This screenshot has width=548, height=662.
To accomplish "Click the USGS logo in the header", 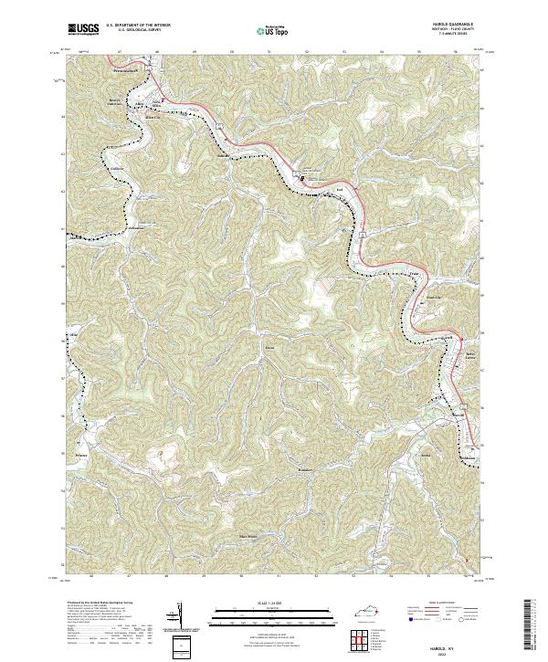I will tap(83, 30).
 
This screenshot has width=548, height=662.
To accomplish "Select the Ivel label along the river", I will tap(339, 190).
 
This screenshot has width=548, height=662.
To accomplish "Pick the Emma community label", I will tap(269, 346).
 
